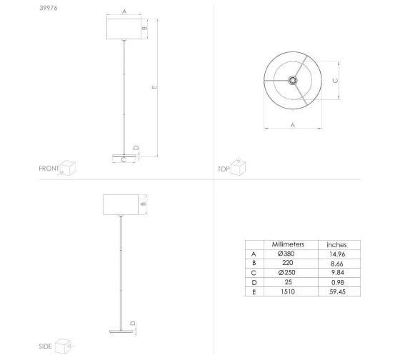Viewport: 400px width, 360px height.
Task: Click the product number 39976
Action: pyautogui.click(x=49, y=8)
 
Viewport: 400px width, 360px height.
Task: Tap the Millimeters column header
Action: pyautogui.click(x=288, y=244)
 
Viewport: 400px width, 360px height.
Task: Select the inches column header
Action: pyautogui.click(x=336, y=245)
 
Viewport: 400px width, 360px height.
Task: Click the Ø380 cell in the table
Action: pyautogui.click(x=286, y=254)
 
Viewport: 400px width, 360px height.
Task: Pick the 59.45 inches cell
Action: pyautogui.click(x=337, y=292)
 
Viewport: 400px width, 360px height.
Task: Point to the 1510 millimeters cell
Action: pyautogui.click(x=288, y=291)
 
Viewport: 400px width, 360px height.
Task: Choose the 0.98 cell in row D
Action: pyautogui.click(x=337, y=282)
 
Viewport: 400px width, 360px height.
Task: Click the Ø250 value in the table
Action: pyautogui.click(x=286, y=273)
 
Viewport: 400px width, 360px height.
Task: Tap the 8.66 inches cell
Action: pyautogui.click(x=336, y=264)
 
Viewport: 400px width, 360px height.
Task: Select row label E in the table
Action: pyautogui.click(x=254, y=292)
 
